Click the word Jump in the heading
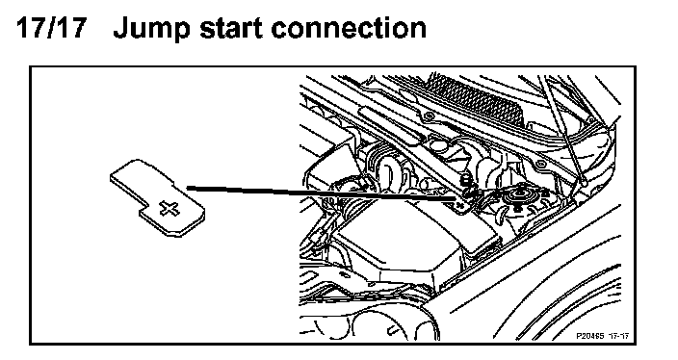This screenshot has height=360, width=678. tap(151, 30)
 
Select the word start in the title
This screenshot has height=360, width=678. tap(231, 29)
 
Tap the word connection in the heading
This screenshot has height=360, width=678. tap(349, 29)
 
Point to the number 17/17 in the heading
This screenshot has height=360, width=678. tap(51, 28)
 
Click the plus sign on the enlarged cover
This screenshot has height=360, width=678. tap(169, 208)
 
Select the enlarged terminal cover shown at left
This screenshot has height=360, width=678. tap(157, 197)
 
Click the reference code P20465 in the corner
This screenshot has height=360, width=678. tap(589, 336)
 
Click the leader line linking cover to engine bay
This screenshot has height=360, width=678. tap(321, 193)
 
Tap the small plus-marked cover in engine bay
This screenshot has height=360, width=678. tap(462, 203)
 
